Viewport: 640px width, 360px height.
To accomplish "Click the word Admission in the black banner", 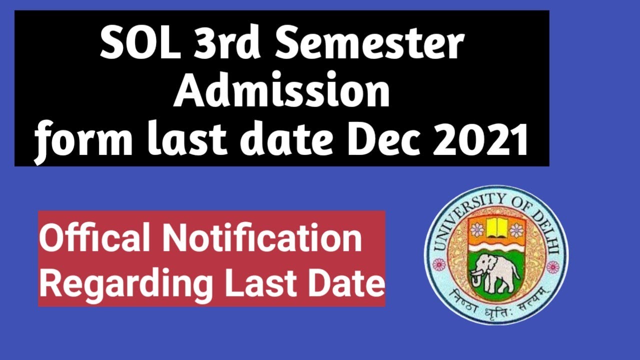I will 281,92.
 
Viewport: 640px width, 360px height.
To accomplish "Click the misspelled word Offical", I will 94,238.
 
